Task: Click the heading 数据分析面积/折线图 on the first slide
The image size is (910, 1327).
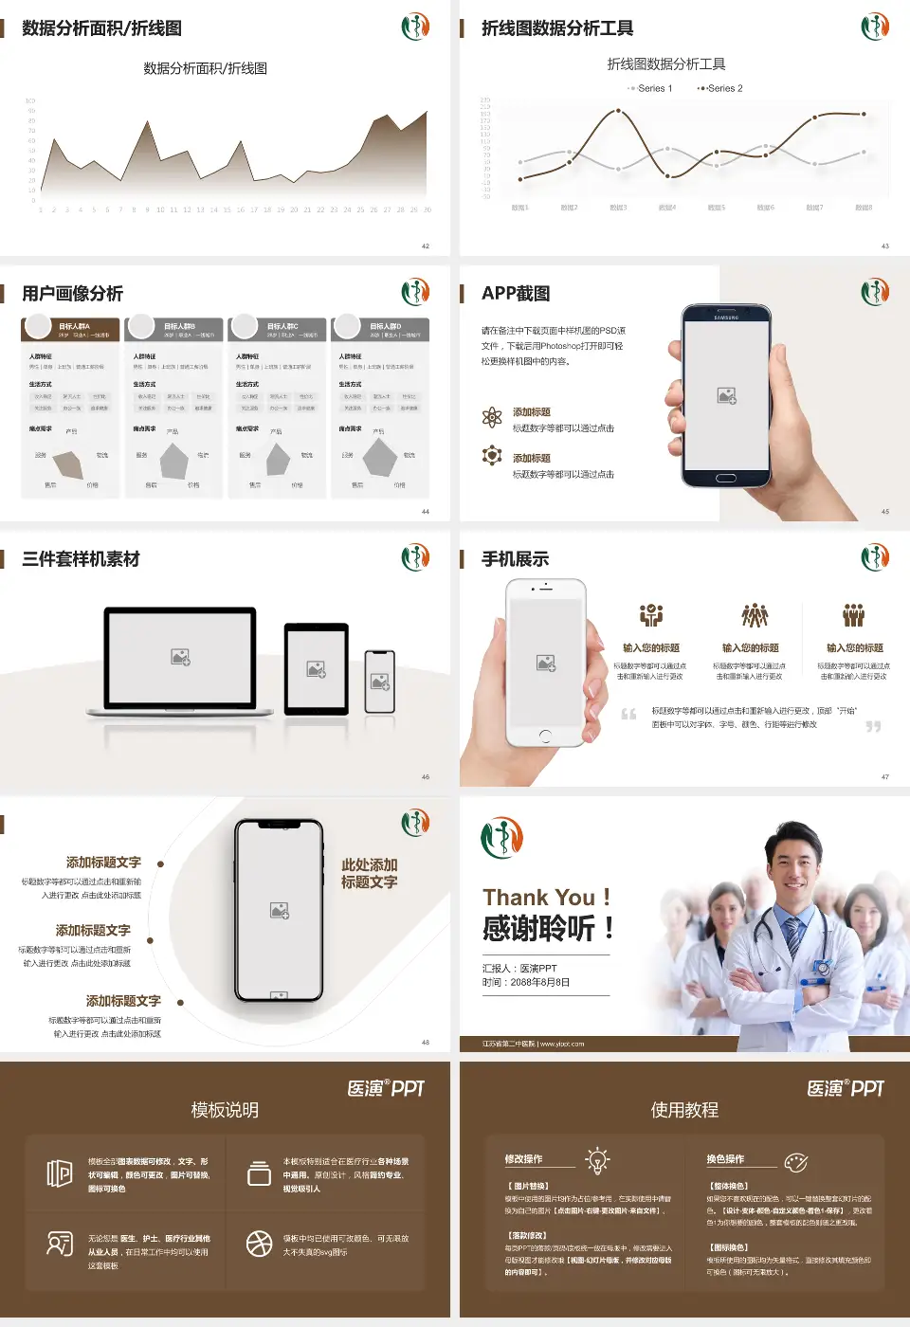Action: point(101,28)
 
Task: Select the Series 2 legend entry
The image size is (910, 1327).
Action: point(722,88)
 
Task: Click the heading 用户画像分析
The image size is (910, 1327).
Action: point(72,294)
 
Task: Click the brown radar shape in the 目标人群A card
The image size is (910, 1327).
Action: point(69,464)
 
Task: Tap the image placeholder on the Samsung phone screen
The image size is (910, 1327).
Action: point(727,395)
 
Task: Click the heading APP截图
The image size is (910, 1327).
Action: point(515,294)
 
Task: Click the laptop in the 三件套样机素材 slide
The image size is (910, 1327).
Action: point(180,659)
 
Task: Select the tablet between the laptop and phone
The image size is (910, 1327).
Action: point(317,668)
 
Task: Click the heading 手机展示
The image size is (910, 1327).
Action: point(515,559)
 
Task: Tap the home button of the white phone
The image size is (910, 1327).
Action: point(545,736)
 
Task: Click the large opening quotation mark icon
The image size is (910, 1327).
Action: point(628,714)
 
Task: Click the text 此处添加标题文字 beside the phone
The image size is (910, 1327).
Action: point(370,873)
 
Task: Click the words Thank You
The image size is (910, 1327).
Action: point(538,897)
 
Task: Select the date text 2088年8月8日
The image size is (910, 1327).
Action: point(540,982)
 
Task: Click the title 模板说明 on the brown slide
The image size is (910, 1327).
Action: point(225,1110)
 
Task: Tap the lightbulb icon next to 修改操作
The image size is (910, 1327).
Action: point(597,1160)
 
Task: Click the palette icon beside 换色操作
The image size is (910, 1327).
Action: point(796,1162)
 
